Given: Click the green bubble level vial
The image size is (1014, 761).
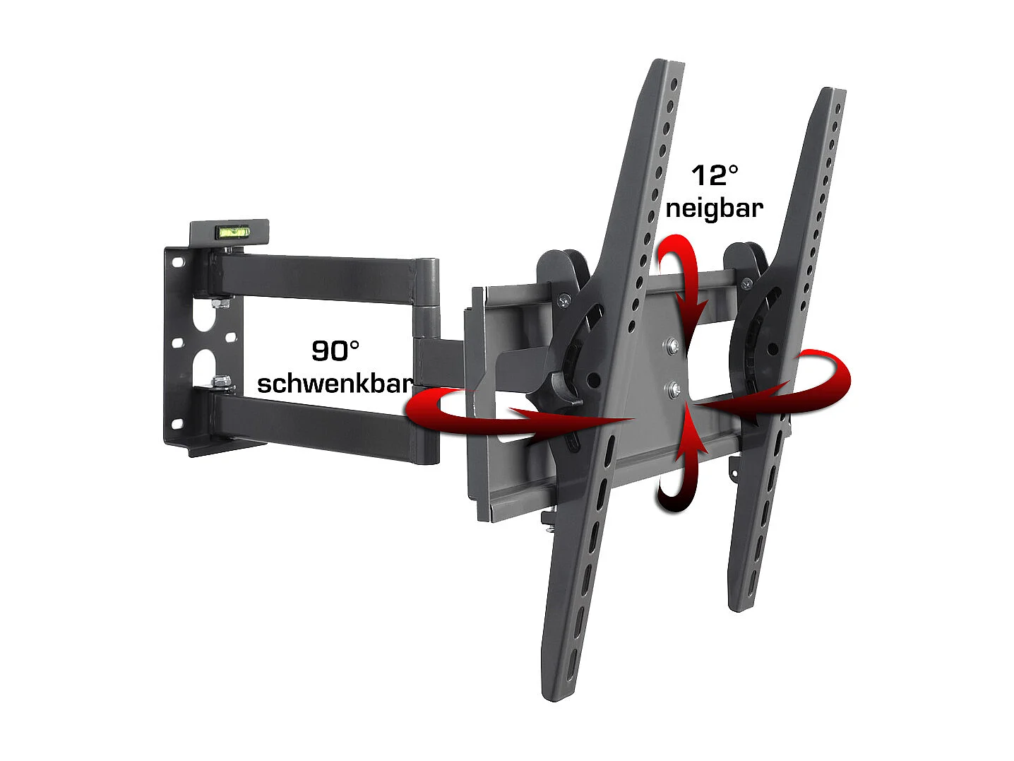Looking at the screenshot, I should pyautogui.click(x=230, y=230).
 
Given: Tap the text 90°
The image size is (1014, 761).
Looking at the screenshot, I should pyautogui.click(x=335, y=350).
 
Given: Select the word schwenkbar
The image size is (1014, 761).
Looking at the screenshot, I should pyautogui.click(x=334, y=383).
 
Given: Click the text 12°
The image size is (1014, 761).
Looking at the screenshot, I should pyautogui.click(x=714, y=175).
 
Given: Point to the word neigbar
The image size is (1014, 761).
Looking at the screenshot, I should pyautogui.click(x=714, y=208).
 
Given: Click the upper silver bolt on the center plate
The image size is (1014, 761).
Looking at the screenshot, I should pyautogui.click(x=671, y=346).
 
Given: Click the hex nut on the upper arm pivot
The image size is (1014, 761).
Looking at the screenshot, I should pyautogui.click(x=220, y=303).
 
